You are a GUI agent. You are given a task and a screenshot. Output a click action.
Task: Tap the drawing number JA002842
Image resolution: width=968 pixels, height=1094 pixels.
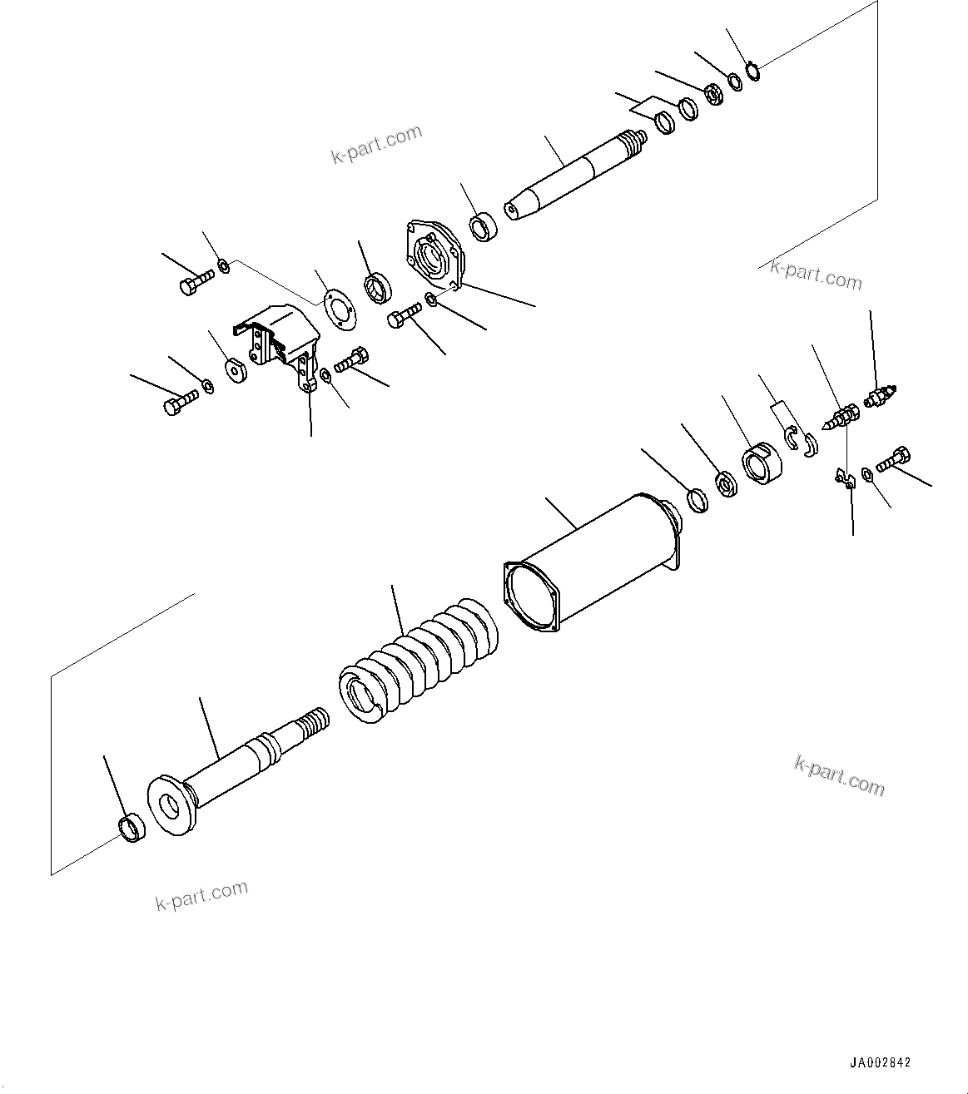pyautogui.click(x=880, y=1062)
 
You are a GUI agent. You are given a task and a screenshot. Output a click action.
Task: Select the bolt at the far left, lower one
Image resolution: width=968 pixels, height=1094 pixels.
pyautogui.click(x=177, y=406)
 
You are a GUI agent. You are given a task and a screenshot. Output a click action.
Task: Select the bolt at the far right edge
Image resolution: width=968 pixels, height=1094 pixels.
pyautogui.click(x=893, y=458)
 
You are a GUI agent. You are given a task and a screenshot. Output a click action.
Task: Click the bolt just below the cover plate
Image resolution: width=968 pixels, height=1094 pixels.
pyautogui.click(x=404, y=317)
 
